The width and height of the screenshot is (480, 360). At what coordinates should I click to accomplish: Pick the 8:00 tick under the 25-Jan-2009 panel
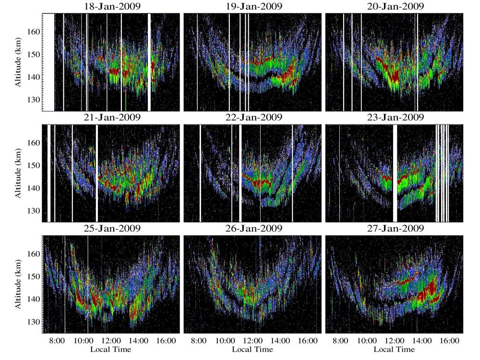[57, 341]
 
